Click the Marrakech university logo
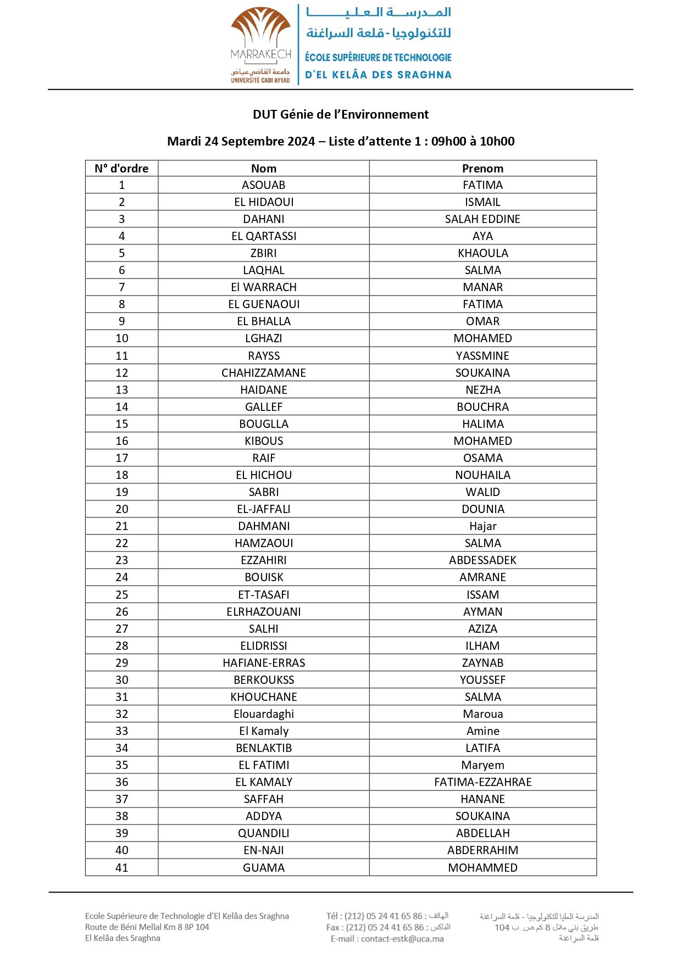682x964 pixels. click(261, 45)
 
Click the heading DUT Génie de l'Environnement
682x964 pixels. click(340, 114)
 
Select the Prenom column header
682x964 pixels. click(483, 169)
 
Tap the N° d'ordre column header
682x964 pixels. click(121, 169)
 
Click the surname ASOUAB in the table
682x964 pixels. click(263, 185)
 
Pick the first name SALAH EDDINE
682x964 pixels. click(483, 219)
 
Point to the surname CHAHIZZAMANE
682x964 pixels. click(263, 373)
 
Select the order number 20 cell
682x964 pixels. click(121, 509)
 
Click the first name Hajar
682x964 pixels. click(483, 526)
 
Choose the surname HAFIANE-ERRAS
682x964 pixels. click(263, 663)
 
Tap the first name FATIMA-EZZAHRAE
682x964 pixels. click(483, 782)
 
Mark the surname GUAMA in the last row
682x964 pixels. click(263, 868)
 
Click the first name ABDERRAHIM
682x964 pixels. click(483, 850)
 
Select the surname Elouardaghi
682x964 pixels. click(263, 714)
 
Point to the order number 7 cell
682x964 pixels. click(121, 287)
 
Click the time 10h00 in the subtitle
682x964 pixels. click(497, 141)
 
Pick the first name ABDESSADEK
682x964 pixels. click(483, 560)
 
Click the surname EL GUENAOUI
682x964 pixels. click(263, 304)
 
